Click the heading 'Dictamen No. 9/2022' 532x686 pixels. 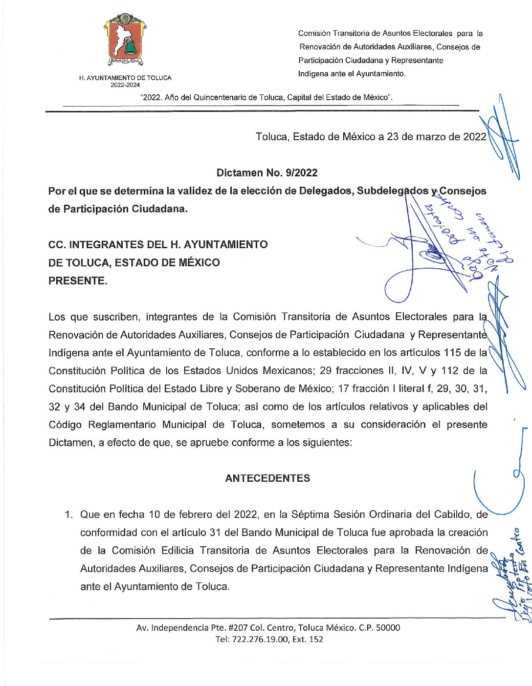[x=267, y=172]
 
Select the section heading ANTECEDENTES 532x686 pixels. [x=267, y=478]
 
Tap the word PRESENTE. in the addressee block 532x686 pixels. [x=78, y=281]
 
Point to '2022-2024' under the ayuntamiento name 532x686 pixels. [x=125, y=85]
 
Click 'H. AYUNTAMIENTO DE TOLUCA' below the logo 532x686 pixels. [x=125, y=78]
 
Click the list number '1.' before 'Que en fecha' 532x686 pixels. [x=69, y=514]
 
